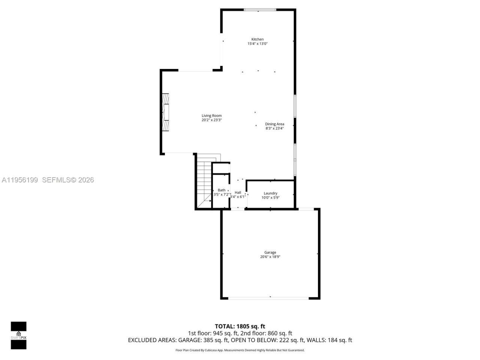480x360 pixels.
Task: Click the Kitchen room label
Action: point(257,39)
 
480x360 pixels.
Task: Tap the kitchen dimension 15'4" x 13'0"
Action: point(257,44)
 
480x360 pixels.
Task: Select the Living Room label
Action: point(211,116)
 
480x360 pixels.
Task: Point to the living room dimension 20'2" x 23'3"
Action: point(211,120)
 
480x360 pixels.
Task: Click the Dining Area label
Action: point(274,124)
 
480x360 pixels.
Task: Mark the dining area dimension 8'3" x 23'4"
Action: point(274,129)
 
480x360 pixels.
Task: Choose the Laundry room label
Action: point(270,193)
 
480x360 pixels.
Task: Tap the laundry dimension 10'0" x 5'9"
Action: point(270,198)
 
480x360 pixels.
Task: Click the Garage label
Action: point(270,253)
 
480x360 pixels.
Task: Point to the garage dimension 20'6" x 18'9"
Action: point(270,257)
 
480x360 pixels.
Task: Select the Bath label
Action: point(222,190)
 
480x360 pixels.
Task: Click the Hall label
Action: point(238,192)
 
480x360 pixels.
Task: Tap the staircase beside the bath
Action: point(204,182)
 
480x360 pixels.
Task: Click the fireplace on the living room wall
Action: point(165,112)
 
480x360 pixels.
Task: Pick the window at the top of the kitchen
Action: point(260,10)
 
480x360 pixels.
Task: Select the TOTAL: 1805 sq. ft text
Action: point(240,326)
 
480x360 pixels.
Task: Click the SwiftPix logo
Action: point(18,335)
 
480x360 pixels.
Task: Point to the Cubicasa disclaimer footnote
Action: point(240,350)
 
